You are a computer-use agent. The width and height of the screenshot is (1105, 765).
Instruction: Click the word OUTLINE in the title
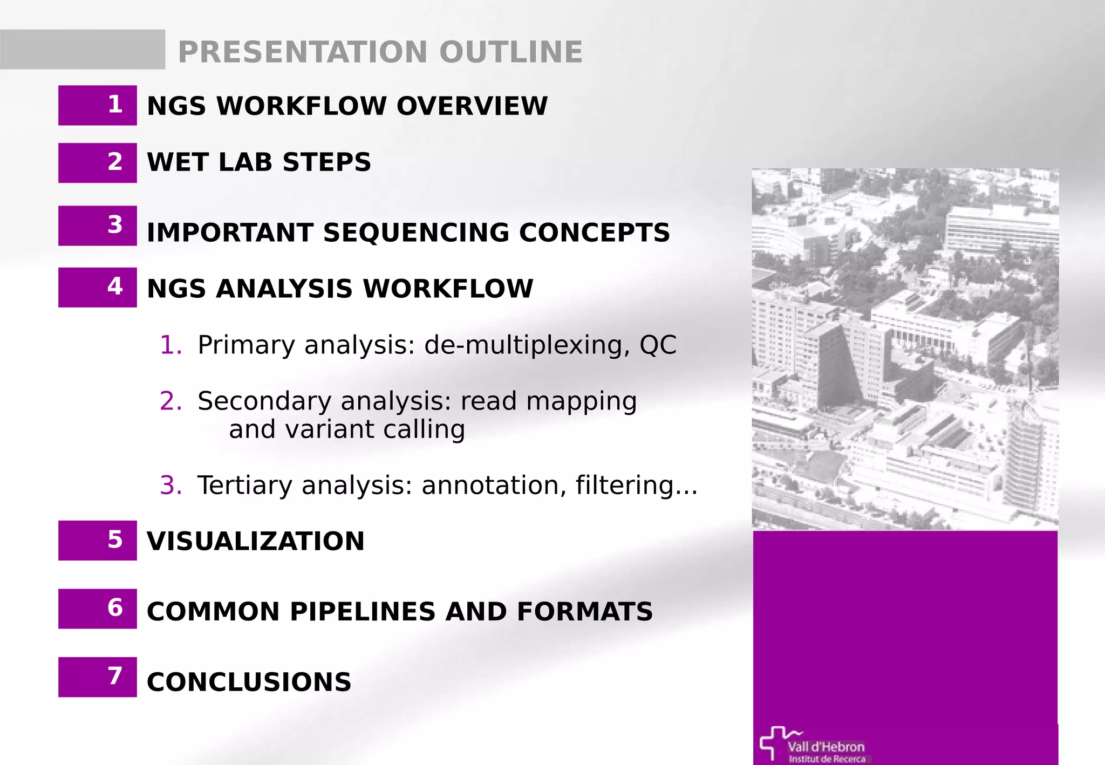point(510,52)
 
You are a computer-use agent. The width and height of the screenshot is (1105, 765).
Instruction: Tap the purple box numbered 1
point(98,105)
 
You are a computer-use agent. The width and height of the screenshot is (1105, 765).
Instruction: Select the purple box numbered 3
point(98,226)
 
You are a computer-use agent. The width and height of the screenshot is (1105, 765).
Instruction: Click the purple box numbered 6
point(98,609)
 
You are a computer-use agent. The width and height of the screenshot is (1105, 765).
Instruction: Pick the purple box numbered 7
point(98,677)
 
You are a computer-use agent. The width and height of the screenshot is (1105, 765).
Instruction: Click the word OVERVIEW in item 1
point(472,106)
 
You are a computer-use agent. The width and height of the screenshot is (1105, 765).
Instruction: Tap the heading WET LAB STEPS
point(259,162)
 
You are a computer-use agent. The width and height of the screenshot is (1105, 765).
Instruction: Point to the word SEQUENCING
point(416,233)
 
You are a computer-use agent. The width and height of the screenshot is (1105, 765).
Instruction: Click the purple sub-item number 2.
point(170,401)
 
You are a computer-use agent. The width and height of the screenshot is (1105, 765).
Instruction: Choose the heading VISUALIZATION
point(256,541)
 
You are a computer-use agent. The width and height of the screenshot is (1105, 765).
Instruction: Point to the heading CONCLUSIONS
point(249,682)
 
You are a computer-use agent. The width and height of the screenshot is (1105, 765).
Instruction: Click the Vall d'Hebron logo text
point(826,747)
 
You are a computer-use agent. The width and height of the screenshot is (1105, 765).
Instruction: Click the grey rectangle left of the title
point(83,50)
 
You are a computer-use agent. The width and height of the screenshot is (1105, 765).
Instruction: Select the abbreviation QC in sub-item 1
point(658,345)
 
